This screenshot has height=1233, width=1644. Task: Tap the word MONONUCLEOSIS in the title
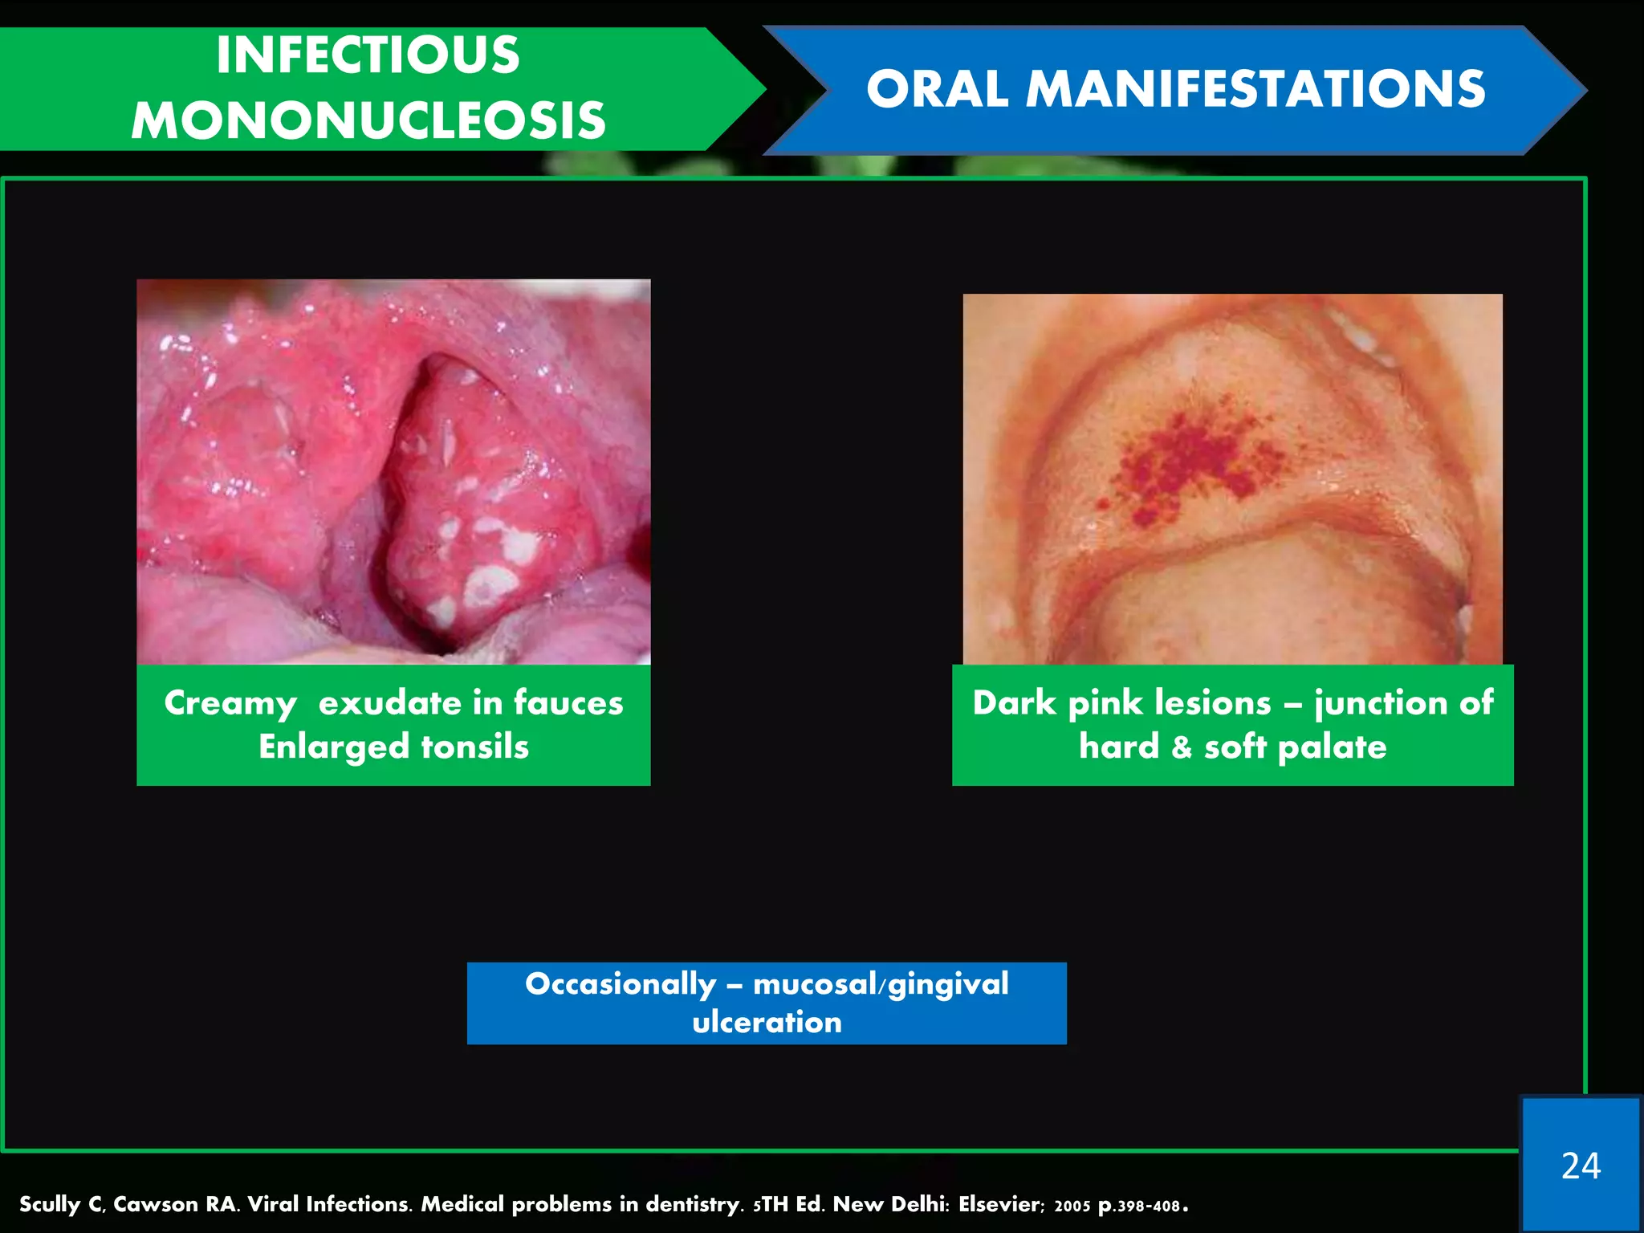(368, 120)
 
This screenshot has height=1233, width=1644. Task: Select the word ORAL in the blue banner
(937, 88)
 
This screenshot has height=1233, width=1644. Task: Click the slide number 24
(1581, 1166)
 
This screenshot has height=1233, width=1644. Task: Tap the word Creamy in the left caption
(230, 704)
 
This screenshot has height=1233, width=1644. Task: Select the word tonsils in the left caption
(475, 747)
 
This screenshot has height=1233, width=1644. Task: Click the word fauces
(568, 702)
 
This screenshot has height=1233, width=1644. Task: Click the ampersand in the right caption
(1182, 747)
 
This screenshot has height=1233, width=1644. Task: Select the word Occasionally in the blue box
(621, 984)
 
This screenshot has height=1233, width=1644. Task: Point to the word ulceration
(767, 1022)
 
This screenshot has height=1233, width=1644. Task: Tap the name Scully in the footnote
(51, 1205)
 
